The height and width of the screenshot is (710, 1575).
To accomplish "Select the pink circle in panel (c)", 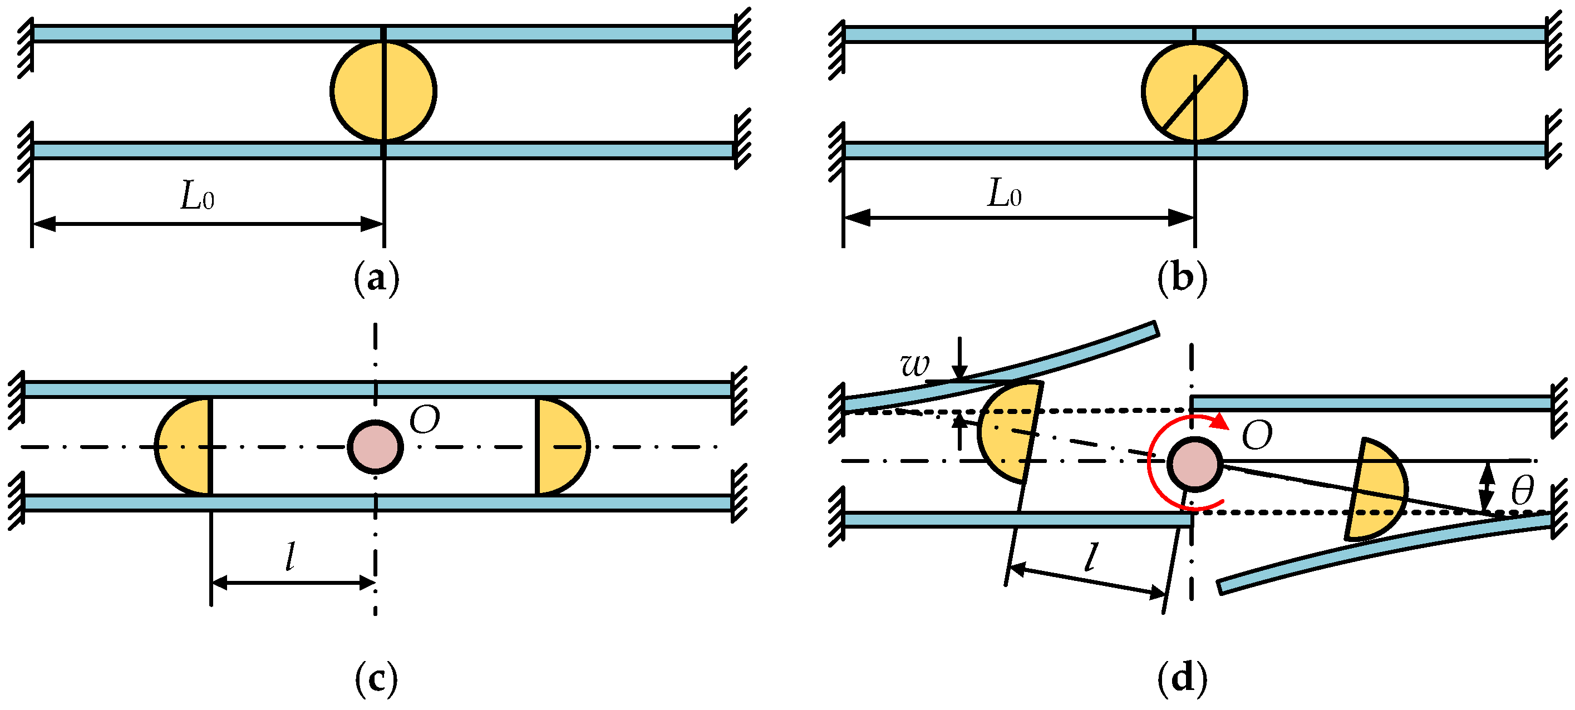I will pos(376,447).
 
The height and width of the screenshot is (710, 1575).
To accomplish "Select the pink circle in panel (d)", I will pos(1194,464).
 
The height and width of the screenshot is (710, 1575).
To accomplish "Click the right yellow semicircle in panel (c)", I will pos(560,446).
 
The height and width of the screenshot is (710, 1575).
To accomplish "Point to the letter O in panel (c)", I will pos(424,420).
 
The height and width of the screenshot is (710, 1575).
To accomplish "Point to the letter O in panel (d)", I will pos(1257,436).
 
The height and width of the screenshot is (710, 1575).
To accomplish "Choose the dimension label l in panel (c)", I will pos(291,556).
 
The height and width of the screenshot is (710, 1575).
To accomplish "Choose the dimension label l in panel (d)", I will pos(1090,557).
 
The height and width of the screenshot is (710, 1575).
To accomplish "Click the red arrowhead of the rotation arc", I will pos(1220,421).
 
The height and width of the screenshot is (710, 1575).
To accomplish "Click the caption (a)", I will pos(377,279).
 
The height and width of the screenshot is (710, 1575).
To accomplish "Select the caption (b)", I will pos(1183,279).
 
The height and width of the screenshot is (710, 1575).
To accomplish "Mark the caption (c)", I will pos(376,679).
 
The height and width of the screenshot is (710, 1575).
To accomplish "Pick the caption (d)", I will pos(1183,679).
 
